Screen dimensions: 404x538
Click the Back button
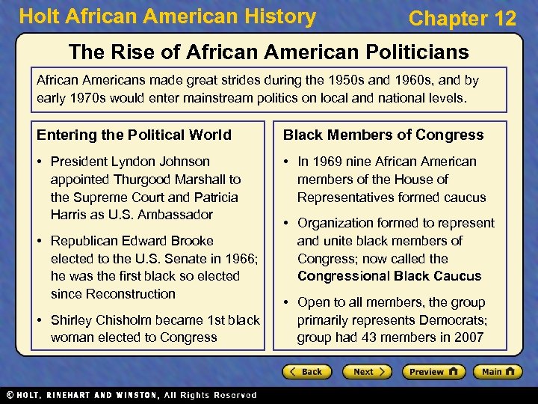click(306, 372)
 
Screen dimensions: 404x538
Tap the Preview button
click(433, 372)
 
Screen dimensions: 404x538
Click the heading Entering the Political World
click(134, 135)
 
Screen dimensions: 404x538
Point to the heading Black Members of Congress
click(383, 135)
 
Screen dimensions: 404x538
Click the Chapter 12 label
click(463, 19)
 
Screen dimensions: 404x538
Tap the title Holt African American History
click(167, 17)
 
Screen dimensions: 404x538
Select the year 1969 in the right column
click(329, 162)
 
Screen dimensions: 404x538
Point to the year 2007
click(469, 337)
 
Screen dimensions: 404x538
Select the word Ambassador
click(175, 215)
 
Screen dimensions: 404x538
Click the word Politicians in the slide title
click(408, 52)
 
